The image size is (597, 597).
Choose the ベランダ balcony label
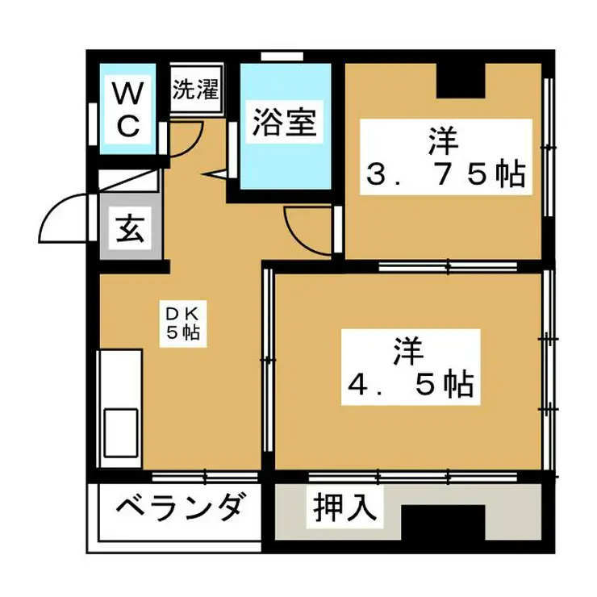(x=179, y=510)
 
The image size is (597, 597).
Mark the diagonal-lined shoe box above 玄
(x=129, y=182)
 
